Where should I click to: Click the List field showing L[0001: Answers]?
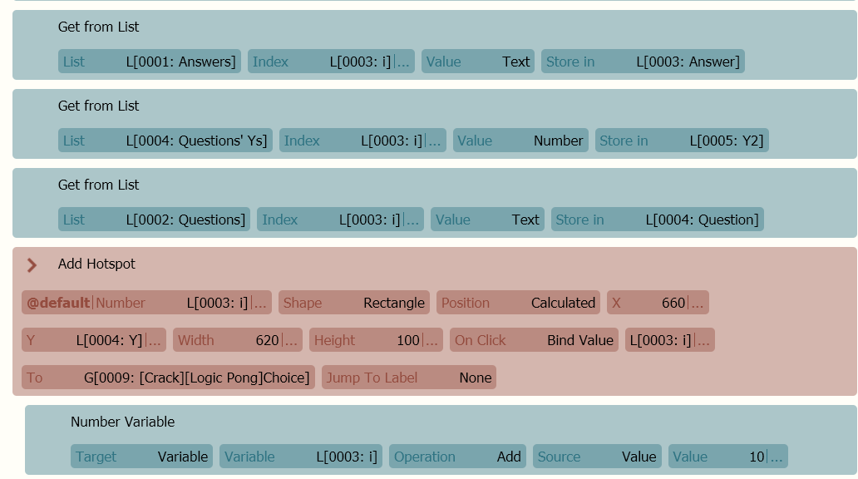150,62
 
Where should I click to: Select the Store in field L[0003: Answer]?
643,62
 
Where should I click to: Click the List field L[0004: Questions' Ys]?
165,141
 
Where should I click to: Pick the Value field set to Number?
520,141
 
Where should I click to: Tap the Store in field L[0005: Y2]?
682,141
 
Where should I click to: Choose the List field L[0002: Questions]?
154,219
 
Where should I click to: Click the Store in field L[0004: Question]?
657,219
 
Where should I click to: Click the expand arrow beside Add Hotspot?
32,265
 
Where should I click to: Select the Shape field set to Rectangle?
354,302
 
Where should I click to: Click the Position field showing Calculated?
518,302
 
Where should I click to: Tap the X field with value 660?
658,302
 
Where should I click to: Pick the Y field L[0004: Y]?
94,340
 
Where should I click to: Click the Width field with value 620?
238,340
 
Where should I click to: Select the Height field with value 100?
376,340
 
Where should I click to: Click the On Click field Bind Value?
534,340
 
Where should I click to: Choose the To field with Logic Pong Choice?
168,378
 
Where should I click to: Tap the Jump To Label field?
409,378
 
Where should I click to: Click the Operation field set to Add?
457,456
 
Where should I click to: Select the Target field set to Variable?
141,456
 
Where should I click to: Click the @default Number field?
146,302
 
